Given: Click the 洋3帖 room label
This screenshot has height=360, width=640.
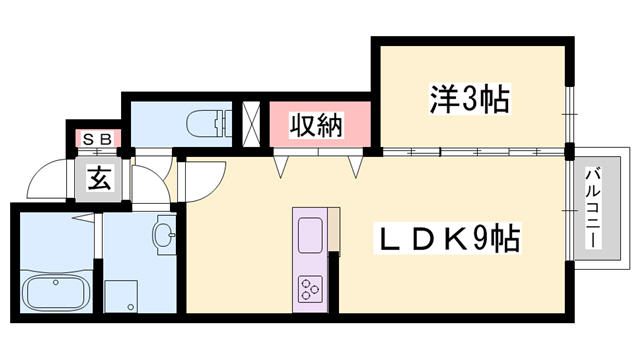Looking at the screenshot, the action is click(470, 99).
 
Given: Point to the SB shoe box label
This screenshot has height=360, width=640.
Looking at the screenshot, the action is click(96, 138).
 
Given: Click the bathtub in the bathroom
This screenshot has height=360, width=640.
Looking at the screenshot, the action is click(55, 293).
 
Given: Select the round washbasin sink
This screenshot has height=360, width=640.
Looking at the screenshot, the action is click(163, 236).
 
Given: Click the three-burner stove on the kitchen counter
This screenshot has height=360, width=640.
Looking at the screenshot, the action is click(308, 291).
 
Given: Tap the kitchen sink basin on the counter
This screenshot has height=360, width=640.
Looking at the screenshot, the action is click(308, 234).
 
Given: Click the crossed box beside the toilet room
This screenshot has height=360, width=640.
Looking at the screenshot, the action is click(252, 120).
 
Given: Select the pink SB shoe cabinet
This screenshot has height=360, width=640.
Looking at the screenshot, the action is click(96, 138).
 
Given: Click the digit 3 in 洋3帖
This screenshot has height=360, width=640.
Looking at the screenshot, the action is click(470, 99).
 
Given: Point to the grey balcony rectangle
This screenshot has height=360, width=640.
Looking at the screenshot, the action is click(600, 212).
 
